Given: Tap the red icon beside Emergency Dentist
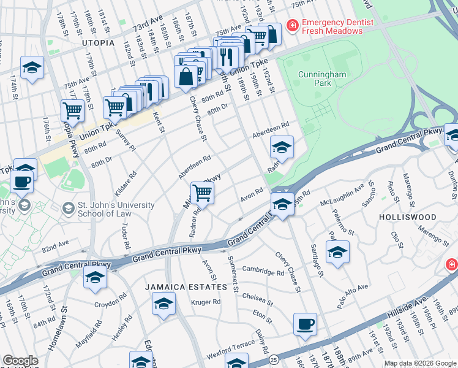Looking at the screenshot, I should [x=293, y=25].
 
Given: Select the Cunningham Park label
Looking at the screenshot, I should [x=322, y=79].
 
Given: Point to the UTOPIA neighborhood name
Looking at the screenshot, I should [x=98, y=43].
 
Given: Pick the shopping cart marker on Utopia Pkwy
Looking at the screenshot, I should [x=72, y=111].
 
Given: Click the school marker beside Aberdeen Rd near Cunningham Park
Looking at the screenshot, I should [x=282, y=147].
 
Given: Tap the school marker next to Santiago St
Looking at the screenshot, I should [x=337, y=251].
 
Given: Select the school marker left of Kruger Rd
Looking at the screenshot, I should [x=163, y=304].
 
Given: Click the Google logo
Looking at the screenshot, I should [x=20, y=361].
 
